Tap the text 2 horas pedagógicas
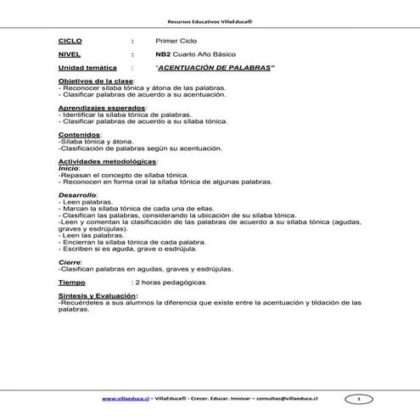(169, 281)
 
